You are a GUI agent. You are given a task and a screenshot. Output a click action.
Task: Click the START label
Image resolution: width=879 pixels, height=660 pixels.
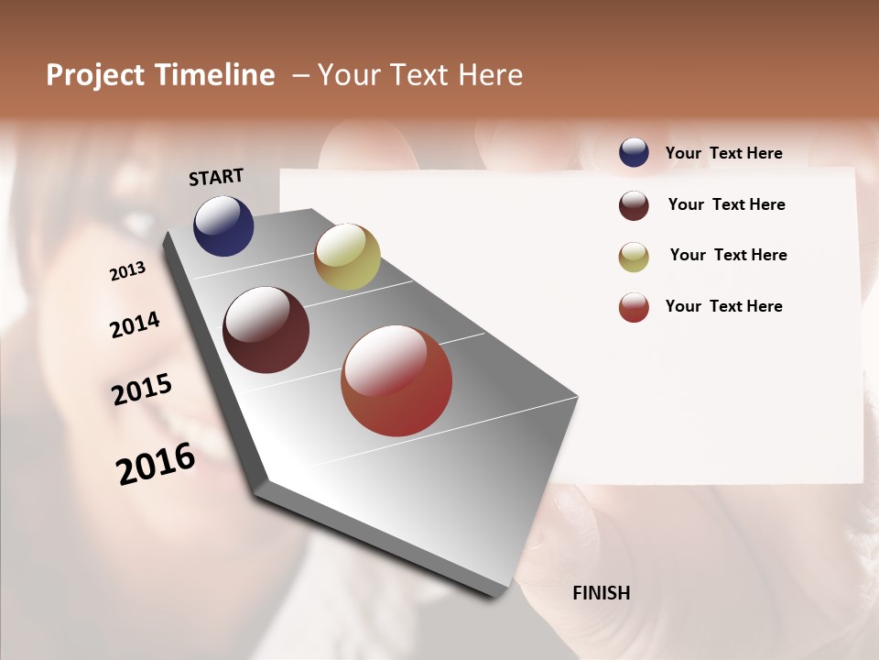216,177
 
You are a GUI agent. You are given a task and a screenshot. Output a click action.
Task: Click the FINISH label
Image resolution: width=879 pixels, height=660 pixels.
601,593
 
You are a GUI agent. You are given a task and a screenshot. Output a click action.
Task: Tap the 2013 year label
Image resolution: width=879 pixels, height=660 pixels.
128,271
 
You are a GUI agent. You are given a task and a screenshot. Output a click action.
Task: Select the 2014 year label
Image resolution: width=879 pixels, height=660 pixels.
135,325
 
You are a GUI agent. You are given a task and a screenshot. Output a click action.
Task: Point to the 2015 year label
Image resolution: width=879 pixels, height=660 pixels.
142,390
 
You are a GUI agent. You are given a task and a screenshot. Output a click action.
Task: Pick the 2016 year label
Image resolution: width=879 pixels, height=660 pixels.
156,464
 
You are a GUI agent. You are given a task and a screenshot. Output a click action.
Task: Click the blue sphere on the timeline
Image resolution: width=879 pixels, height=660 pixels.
223,226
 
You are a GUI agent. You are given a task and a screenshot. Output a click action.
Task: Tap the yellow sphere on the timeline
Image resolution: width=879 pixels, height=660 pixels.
347,257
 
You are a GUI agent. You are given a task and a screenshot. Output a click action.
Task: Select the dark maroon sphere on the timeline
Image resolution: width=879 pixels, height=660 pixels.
266,330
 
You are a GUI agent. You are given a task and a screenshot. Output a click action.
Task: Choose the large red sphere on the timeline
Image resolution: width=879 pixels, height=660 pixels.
396,380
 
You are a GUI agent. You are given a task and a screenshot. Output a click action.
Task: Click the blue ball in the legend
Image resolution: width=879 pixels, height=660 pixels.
634,152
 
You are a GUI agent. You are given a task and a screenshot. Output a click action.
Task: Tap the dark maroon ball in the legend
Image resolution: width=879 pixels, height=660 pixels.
634,205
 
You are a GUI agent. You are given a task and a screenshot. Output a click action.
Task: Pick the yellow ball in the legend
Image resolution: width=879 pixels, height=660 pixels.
634,257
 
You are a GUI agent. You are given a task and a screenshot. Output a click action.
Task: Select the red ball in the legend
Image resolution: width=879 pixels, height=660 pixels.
634,307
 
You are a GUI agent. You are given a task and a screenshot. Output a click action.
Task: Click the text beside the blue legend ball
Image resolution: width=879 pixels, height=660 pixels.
723,153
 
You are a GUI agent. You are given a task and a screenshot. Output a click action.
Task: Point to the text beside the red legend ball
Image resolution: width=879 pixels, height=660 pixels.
723,306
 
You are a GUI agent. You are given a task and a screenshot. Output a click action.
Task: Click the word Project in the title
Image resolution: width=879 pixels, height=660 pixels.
96,75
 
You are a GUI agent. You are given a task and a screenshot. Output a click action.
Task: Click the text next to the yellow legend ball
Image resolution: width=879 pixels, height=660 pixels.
728,255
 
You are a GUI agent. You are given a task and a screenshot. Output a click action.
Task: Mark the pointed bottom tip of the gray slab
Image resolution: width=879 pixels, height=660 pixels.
495,596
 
